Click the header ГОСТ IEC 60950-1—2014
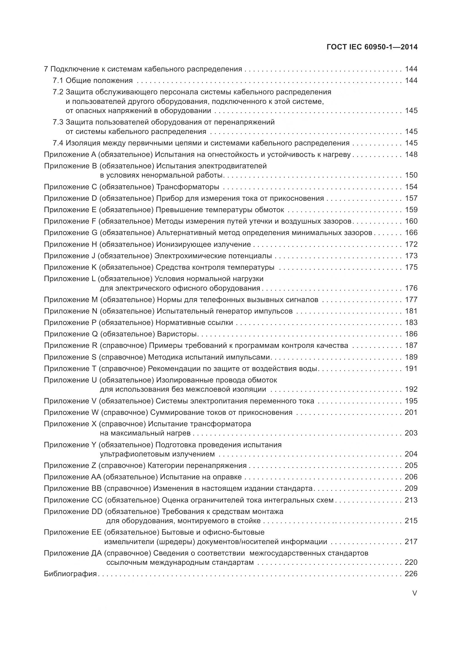372,47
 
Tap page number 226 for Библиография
411,574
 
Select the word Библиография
70,574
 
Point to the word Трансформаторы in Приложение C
188,187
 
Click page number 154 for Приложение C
411,187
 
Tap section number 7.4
58,143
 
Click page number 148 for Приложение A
411,154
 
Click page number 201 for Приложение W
411,412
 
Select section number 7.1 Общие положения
58,81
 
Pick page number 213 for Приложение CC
411,500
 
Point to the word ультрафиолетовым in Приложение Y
133,454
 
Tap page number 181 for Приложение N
411,311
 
